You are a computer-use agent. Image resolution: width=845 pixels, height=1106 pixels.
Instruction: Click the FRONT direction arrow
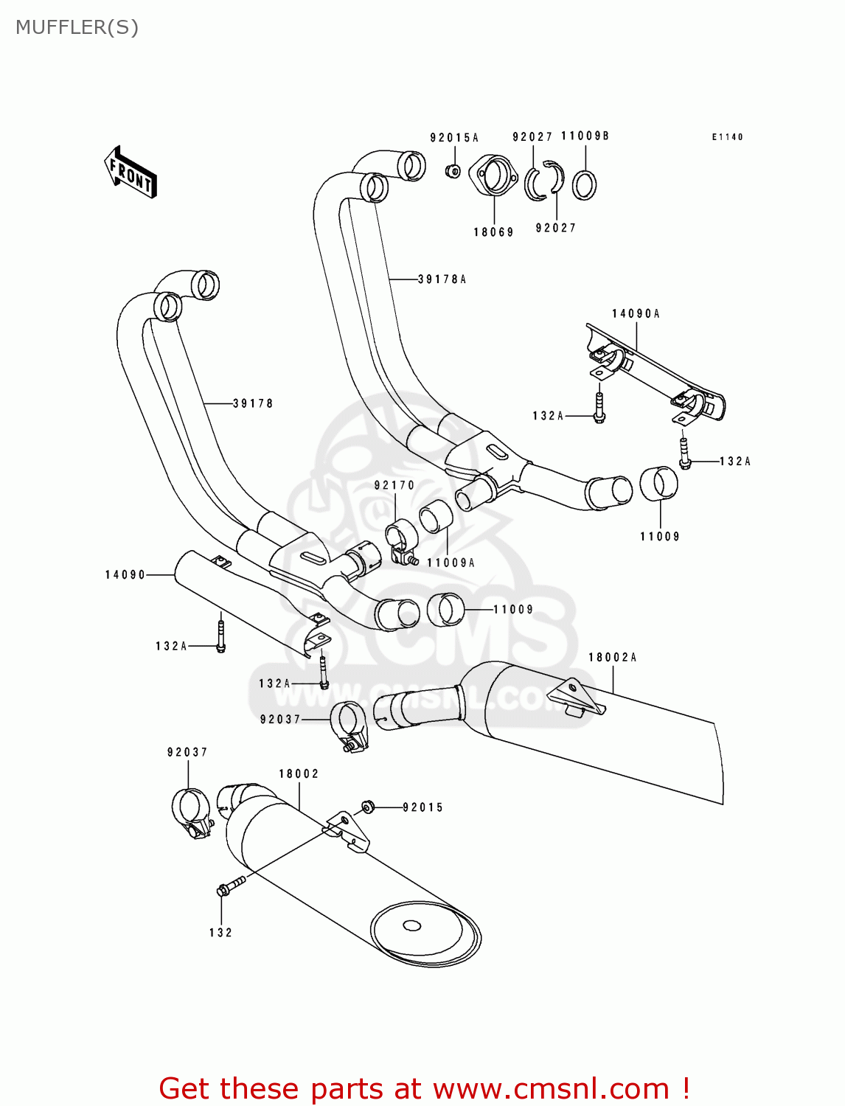click(x=131, y=172)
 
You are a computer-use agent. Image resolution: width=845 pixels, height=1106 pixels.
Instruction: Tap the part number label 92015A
click(x=454, y=138)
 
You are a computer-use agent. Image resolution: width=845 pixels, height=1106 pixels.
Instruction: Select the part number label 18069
click(x=493, y=232)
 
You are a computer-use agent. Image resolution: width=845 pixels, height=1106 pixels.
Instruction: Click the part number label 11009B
click(x=585, y=136)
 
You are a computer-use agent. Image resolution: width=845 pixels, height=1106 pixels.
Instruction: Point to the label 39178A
click(x=442, y=279)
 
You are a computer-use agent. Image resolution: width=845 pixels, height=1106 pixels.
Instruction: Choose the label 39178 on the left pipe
click(x=253, y=403)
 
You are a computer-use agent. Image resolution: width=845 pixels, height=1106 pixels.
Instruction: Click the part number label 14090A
click(x=636, y=314)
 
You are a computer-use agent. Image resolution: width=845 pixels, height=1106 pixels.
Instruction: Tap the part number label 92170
click(x=394, y=485)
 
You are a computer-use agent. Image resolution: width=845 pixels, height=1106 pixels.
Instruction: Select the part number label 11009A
click(x=451, y=563)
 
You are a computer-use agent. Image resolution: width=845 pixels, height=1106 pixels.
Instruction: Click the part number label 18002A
click(x=612, y=657)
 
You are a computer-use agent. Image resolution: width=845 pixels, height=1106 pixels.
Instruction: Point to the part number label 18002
click(x=299, y=773)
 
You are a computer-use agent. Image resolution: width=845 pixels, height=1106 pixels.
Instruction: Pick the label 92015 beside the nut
click(x=423, y=807)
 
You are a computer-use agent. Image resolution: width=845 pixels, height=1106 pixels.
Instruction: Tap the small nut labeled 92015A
click(x=453, y=171)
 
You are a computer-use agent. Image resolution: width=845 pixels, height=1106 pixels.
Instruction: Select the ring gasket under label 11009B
click(x=585, y=184)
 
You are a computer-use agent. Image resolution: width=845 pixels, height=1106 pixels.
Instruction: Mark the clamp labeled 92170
click(x=401, y=539)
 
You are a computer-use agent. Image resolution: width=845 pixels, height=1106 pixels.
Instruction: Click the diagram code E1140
click(x=727, y=137)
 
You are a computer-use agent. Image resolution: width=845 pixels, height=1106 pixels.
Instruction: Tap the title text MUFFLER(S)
click(x=77, y=27)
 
